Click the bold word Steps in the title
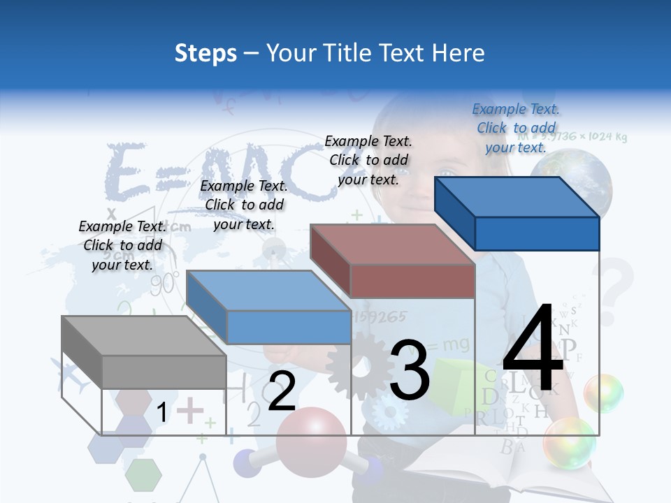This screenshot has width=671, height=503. pos(205,53)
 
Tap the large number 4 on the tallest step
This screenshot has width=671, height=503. pos(533,349)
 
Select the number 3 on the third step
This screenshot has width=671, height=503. pos(409,370)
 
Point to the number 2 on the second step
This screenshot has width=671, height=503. pos(282,391)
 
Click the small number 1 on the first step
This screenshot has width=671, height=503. pos(162,413)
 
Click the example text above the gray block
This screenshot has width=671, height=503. pos(122,245)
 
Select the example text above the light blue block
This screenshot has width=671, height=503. pos(244,205)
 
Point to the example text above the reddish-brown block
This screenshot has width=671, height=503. pos(368,160)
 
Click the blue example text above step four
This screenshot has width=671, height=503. pos(516,128)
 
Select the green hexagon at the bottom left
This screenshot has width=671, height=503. pos(143,474)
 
